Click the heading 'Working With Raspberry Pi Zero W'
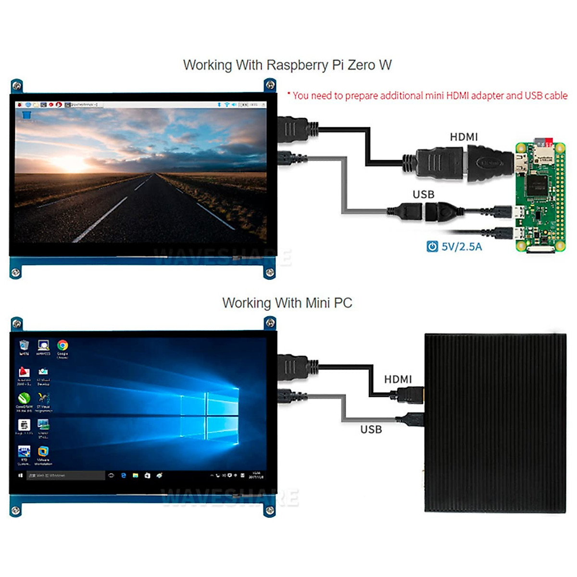287,65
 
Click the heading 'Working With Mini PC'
287,303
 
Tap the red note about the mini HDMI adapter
427,96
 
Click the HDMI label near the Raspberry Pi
464,137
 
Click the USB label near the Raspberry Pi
423,194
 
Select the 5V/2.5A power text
462,247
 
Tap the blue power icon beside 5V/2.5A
432,247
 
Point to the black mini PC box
495,423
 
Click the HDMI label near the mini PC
398,379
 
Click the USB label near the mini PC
371,429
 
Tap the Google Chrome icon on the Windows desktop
63,346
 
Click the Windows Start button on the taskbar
20,475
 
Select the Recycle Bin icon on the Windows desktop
24,345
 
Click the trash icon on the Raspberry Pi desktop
26,114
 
